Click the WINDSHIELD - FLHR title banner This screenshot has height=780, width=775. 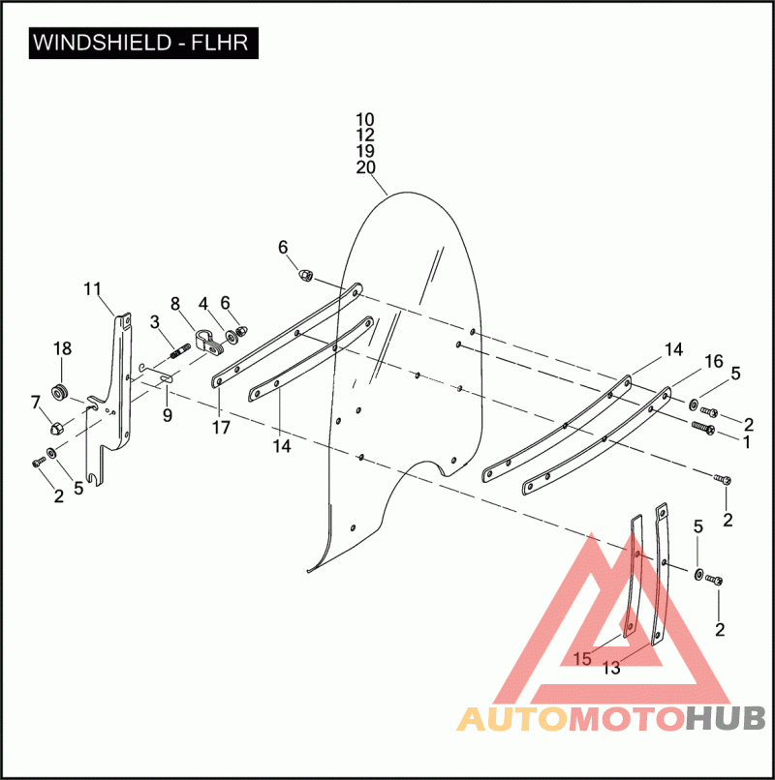click(143, 43)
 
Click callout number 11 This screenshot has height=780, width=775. click(93, 289)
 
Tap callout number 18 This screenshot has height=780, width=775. click(62, 348)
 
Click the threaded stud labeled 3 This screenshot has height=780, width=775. click(180, 351)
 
